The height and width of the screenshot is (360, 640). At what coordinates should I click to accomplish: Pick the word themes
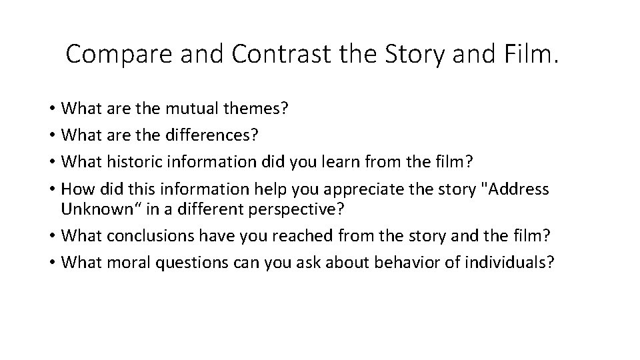pos(253,109)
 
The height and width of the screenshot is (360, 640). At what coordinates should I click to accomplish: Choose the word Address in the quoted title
pos(520,189)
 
